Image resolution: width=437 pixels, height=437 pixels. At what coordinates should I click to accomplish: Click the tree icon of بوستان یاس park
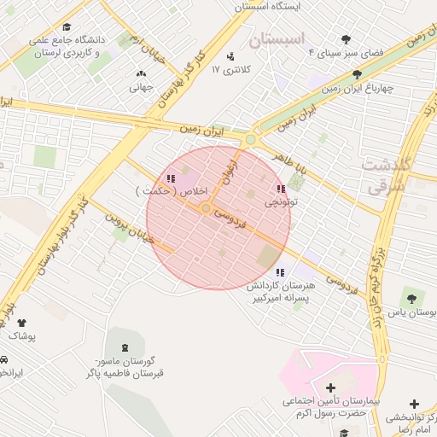413,299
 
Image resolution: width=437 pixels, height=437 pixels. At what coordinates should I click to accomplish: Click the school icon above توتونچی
281,189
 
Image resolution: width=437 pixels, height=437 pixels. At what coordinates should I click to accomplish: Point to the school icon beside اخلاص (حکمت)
171,178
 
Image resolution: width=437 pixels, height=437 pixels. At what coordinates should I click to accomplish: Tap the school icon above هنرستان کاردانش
280,272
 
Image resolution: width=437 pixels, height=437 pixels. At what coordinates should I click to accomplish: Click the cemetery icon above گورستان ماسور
126,347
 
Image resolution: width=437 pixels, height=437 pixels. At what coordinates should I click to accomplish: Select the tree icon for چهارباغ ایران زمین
357,74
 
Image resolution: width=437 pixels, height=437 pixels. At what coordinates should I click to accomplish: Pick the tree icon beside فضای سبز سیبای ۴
346,39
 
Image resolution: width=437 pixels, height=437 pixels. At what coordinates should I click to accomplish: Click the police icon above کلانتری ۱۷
230,56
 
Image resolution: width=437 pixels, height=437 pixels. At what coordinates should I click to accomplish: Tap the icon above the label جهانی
141,73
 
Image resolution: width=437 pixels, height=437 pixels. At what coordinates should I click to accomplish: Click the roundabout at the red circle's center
206,208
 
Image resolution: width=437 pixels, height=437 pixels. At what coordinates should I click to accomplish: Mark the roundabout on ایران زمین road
250,139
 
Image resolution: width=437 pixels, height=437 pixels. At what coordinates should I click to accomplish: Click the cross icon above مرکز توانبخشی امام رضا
415,404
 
